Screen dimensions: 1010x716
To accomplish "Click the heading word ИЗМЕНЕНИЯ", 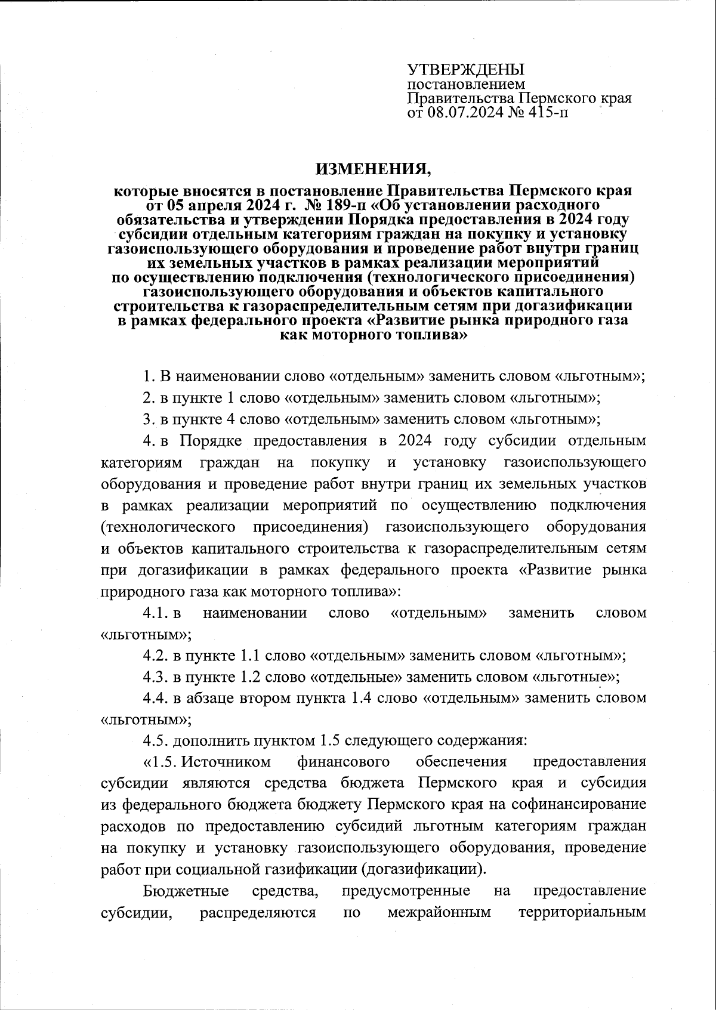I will click(x=373, y=169).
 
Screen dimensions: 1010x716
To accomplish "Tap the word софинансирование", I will click(x=578, y=804).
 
